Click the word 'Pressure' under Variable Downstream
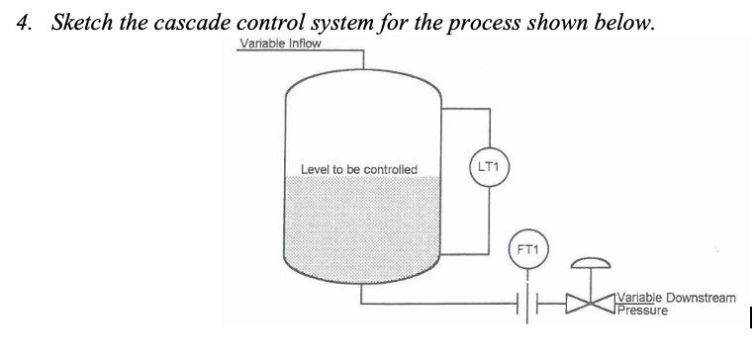(641, 310)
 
